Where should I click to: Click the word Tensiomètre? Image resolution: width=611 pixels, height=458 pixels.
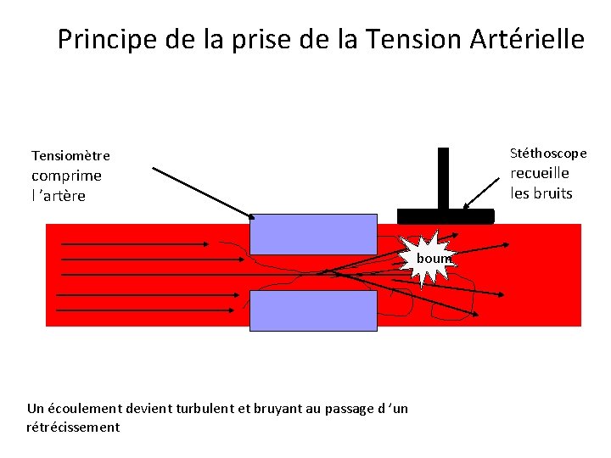click(x=70, y=155)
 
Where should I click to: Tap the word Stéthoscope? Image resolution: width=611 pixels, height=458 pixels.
click(x=548, y=153)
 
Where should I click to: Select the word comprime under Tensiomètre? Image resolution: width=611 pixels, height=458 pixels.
click(x=66, y=176)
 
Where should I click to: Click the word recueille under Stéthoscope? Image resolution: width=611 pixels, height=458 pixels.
click(x=540, y=173)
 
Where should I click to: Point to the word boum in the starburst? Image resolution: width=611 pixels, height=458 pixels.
click(x=434, y=258)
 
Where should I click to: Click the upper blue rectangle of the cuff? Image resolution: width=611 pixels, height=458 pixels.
click(x=313, y=233)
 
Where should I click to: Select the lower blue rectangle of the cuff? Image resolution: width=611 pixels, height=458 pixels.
click(x=313, y=310)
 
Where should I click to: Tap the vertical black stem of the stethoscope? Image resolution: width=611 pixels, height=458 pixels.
click(x=443, y=178)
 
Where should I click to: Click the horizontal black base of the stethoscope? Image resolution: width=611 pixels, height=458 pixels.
click(x=445, y=215)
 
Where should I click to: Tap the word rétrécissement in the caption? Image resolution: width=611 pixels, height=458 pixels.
click(x=73, y=427)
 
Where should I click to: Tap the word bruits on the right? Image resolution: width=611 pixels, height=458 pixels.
click(x=553, y=193)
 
